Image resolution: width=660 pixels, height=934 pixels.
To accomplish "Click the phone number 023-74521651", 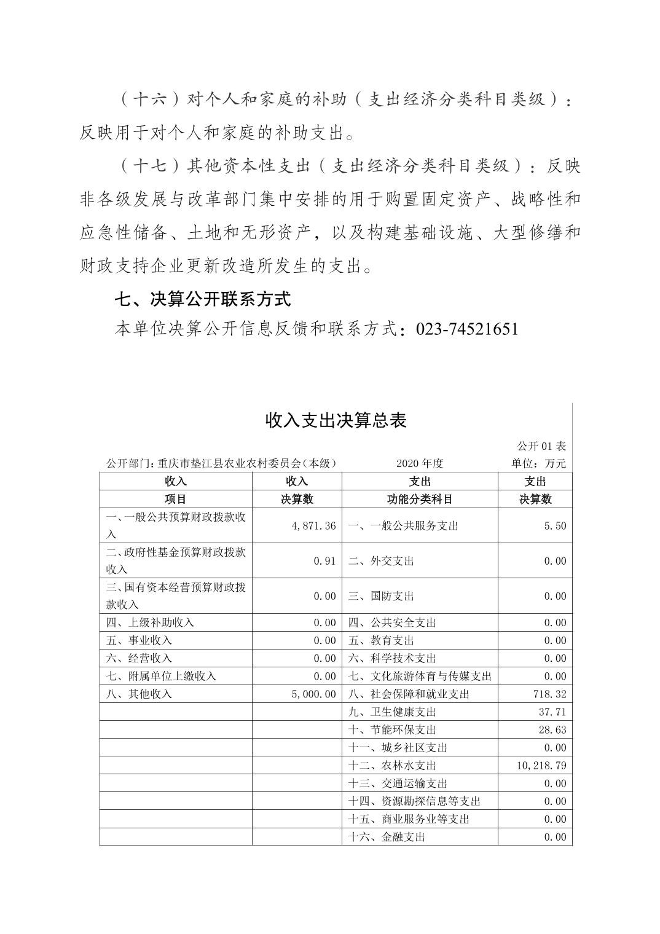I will coord(467,329).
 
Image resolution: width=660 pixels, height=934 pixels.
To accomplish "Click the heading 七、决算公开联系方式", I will coord(203,299).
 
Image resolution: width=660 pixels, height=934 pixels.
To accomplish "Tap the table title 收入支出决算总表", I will coord(336,420).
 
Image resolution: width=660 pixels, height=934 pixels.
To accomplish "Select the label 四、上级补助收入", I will coord(150,622).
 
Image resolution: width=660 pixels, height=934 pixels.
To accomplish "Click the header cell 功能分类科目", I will coord(420,500).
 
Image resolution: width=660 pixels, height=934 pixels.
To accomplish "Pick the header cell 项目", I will coord(176,500).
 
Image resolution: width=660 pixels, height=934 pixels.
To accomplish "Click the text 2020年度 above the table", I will coord(420,463).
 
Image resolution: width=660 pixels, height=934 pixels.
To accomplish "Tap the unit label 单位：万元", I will coord(539,463).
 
